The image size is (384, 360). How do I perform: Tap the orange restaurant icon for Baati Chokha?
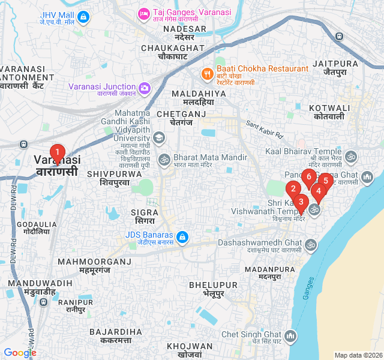208,73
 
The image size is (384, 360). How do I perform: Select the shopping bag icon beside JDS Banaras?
182,238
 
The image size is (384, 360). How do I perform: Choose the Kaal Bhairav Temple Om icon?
351,157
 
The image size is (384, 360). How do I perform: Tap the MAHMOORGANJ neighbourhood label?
94,262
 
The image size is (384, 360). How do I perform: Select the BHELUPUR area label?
213,285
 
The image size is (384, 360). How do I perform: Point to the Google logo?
20,353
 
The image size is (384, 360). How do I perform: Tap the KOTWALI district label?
326,107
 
